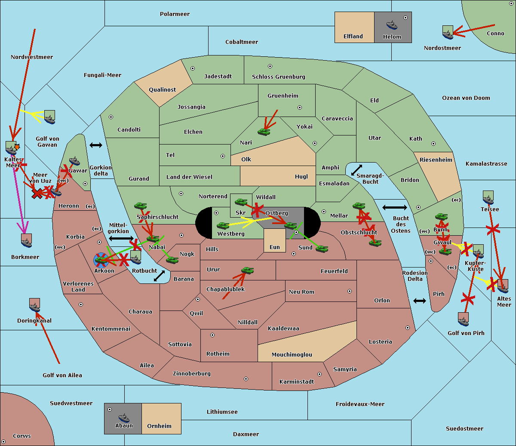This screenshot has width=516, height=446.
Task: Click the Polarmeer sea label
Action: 175,14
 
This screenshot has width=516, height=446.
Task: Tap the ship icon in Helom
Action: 392,25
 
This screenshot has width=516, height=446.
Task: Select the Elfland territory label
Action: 353,37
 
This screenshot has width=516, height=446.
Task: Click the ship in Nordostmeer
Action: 448,32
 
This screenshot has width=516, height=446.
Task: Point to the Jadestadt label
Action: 218,77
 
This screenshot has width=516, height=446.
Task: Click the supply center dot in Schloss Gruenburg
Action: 270,66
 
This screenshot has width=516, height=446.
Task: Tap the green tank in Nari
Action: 264,131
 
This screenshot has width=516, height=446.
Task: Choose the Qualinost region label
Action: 162,90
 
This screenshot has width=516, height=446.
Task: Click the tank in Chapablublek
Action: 247,271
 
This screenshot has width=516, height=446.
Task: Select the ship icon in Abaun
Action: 124,418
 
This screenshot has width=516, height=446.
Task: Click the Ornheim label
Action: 159,426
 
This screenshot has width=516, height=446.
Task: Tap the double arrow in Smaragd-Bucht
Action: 356,170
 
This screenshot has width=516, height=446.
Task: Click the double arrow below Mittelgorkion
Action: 121,238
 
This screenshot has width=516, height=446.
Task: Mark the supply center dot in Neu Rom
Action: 350,291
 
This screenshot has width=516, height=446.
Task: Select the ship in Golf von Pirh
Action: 463,319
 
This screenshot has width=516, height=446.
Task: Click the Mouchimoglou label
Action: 292,355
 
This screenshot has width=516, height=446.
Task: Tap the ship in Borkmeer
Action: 27,241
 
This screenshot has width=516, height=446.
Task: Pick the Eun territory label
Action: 274,247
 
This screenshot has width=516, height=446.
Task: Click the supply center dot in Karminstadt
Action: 319,374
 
